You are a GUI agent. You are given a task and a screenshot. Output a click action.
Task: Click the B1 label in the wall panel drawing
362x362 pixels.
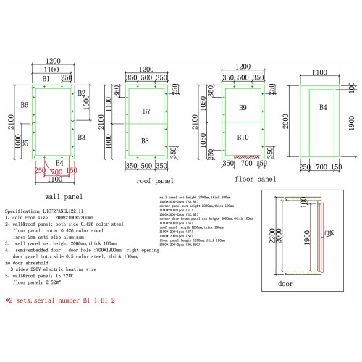(x=45, y=78)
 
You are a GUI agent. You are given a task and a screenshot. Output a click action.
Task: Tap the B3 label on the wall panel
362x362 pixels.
(x=82, y=137)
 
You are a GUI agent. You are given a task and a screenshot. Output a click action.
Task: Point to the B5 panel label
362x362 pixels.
(x=25, y=143)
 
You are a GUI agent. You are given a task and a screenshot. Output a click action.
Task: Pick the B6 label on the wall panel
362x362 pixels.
(x=25, y=106)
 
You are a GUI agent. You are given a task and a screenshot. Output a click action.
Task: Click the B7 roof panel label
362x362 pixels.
(x=146, y=111)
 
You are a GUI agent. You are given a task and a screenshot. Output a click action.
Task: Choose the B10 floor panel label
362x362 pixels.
(x=243, y=137)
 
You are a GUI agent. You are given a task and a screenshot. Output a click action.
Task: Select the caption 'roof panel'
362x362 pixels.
(x=155, y=181)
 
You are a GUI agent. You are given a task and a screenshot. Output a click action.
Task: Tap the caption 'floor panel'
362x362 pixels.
(x=256, y=179)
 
